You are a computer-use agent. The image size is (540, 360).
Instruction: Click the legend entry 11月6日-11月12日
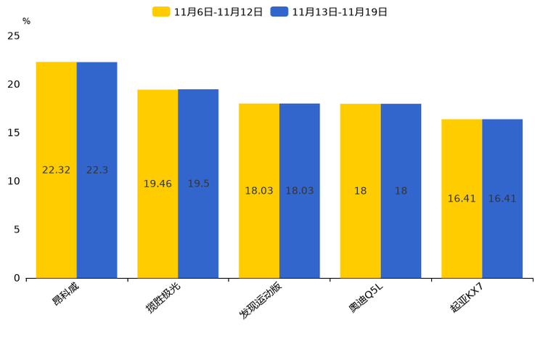[x=208, y=12]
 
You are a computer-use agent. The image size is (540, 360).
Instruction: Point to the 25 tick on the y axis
[x=14, y=36]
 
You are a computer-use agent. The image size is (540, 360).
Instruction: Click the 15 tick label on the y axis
[x=14, y=133]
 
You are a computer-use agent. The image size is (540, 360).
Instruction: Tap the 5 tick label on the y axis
[x=17, y=229]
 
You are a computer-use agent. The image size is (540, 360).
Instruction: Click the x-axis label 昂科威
[x=65, y=293]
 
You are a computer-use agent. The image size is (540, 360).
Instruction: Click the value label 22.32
[x=56, y=170]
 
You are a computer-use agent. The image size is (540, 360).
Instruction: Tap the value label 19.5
[x=198, y=184]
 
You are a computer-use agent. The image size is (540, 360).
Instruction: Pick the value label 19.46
[x=157, y=184]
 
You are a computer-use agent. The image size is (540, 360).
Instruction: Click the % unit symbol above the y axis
[x=26, y=22]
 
